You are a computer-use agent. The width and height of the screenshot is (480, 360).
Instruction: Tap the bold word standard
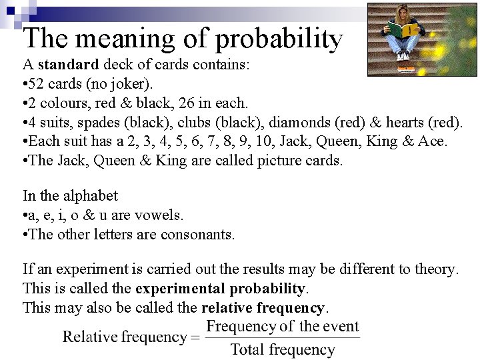point(68,65)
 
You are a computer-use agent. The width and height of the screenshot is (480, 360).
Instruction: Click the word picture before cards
point(281,161)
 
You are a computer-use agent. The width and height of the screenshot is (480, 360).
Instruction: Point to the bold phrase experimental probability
point(220,289)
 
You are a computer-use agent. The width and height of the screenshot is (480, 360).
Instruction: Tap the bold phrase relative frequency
point(263,308)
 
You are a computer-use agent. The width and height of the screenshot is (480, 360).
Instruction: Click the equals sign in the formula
point(195,337)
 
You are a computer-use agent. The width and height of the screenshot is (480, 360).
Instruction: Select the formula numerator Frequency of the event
point(282,327)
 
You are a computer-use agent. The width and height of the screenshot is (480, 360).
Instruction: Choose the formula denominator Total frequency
point(282,349)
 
